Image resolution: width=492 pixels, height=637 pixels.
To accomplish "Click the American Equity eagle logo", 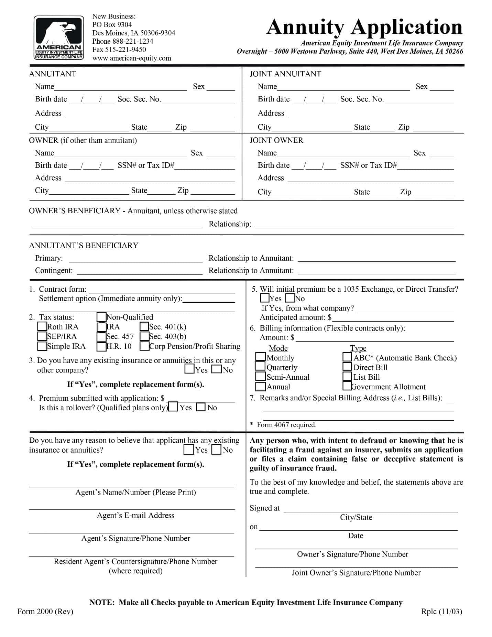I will pyautogui.click(x=58, y=37).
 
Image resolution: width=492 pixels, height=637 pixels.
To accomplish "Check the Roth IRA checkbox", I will pyautogui.click(x=42, y=326).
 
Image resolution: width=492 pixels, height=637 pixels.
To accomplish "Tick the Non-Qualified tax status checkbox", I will pyautogui.click(x=101, y=316).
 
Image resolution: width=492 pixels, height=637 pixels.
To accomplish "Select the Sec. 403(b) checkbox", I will pyautogui.click(x=144, y=336).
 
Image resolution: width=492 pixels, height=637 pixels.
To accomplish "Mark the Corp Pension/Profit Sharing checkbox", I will pyautogui.click(x=144, y=346).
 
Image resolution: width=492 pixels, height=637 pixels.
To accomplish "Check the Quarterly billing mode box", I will pyautogui.click(x=261, y=367).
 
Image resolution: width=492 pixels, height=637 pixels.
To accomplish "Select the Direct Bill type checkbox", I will pyautogui.click(x=347, y=367).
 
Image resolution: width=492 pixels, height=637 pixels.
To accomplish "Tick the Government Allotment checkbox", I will pyautogui.click(x=347, y=386).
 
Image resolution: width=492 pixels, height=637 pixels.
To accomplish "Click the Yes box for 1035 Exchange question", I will pyautogui.click(x=265, y=298).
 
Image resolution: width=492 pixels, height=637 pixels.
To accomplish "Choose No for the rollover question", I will pyautogui.click(x=201, y=407).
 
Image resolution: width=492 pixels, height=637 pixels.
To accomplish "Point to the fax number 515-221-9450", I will pyautogui.click(x=119, y=50).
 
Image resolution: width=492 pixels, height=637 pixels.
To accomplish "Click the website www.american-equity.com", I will pyautogui.click(x=132, y=58).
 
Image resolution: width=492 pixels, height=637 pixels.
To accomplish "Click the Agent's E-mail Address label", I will pyautogui.click(x=135, y=515).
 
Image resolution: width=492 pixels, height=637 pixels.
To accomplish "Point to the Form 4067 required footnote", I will pyautogui.click(x=286, y=425).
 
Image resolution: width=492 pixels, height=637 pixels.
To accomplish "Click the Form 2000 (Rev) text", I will pyautogui.click(x=45, y=611).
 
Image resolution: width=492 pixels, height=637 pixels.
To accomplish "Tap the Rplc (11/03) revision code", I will pyautogui.click(x=441, y=611).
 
